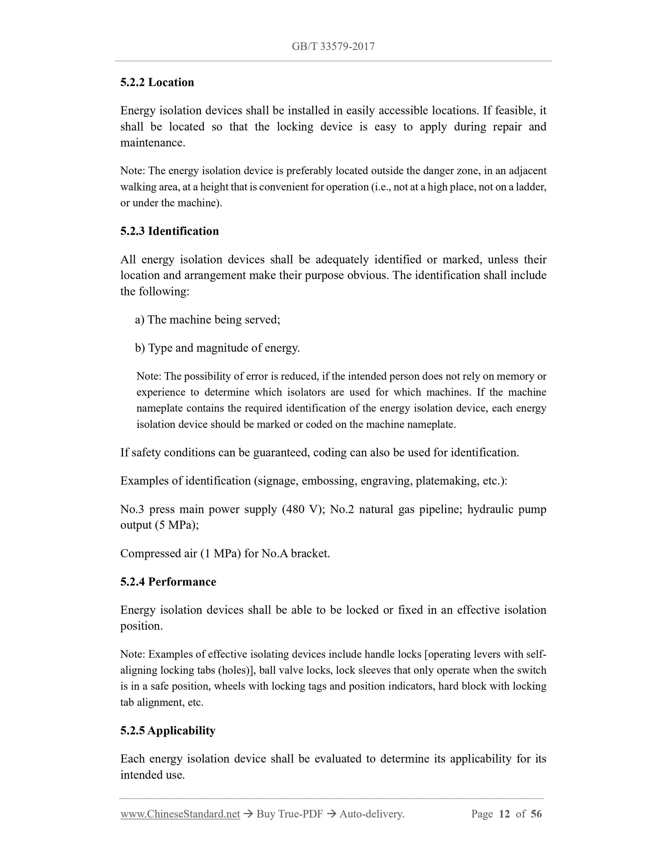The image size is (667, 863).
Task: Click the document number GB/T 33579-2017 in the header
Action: [333, 47]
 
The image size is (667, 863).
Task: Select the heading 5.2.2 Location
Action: [157, 82]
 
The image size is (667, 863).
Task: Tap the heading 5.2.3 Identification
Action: [170, 231]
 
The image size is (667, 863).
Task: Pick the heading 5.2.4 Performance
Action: [168, 582]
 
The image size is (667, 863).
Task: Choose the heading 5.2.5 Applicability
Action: [168, 730]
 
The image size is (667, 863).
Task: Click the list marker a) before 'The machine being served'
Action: [140, 320]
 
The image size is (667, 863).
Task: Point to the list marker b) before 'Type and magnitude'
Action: [140, 348]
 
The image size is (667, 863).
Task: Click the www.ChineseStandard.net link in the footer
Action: [180, 814]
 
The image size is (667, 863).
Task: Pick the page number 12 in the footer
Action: [504, 814]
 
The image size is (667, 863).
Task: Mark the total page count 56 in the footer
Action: [536, 814]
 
